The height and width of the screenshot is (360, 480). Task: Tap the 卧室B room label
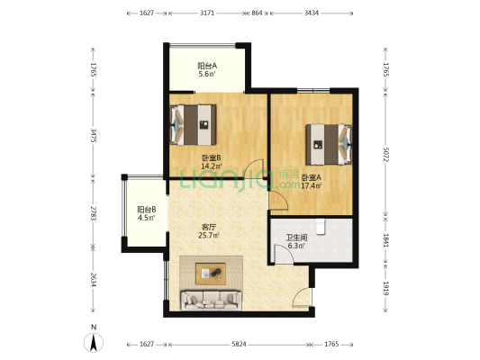tap(211, 158)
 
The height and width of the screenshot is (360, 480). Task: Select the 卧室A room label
tap(312, 177)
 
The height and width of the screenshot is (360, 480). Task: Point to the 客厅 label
tap(209, 228)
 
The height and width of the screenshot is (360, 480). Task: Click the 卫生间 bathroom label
tap(296, 238)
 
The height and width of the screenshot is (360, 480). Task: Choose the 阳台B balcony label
tap(146, 210)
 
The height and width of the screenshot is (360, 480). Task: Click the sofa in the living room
tap(212, 300)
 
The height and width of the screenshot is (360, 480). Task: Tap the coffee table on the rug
tap(211, 274)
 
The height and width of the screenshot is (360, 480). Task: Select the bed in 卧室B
tap(193, 125)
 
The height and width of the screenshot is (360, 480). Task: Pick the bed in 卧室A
tap(329, 144)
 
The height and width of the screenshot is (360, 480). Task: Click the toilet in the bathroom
tap(321, 226)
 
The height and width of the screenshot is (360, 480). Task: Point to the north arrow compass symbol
tap(94, 342)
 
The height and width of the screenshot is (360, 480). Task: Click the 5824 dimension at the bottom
tap(239, 345)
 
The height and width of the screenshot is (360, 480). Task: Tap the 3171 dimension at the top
tap(207, 13)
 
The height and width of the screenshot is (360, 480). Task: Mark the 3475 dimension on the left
tap(94, 135)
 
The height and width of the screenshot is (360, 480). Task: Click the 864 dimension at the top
tap(257, 13)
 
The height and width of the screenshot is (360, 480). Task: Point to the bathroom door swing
tap(284, 254)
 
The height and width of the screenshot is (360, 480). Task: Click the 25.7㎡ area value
tap(209, 235)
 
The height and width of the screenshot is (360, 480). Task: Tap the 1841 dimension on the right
tap(385, 240)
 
